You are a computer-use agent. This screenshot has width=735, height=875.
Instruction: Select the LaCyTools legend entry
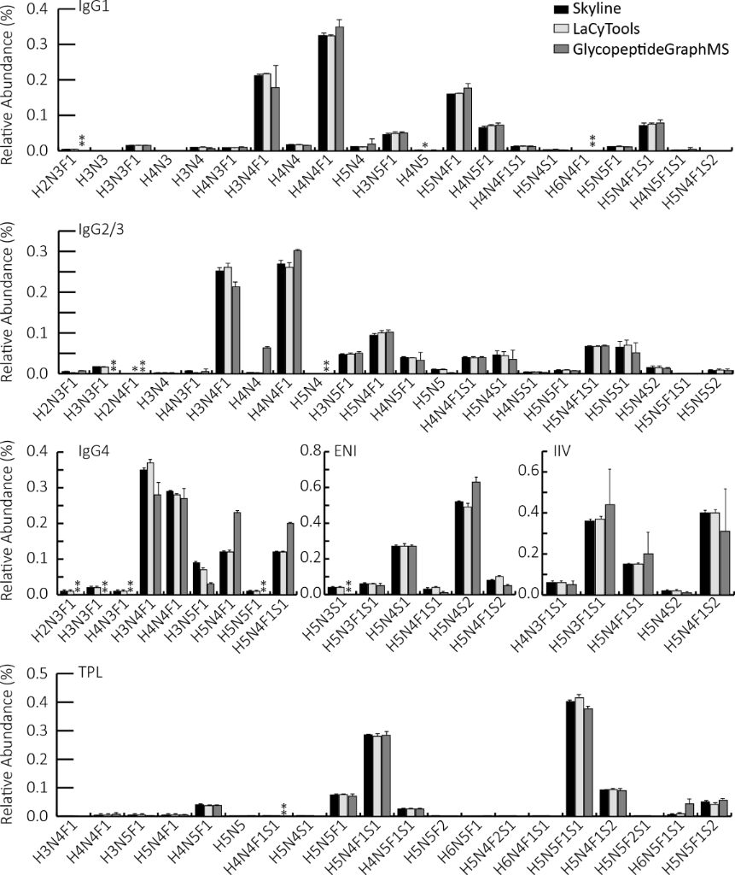point(604,30)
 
